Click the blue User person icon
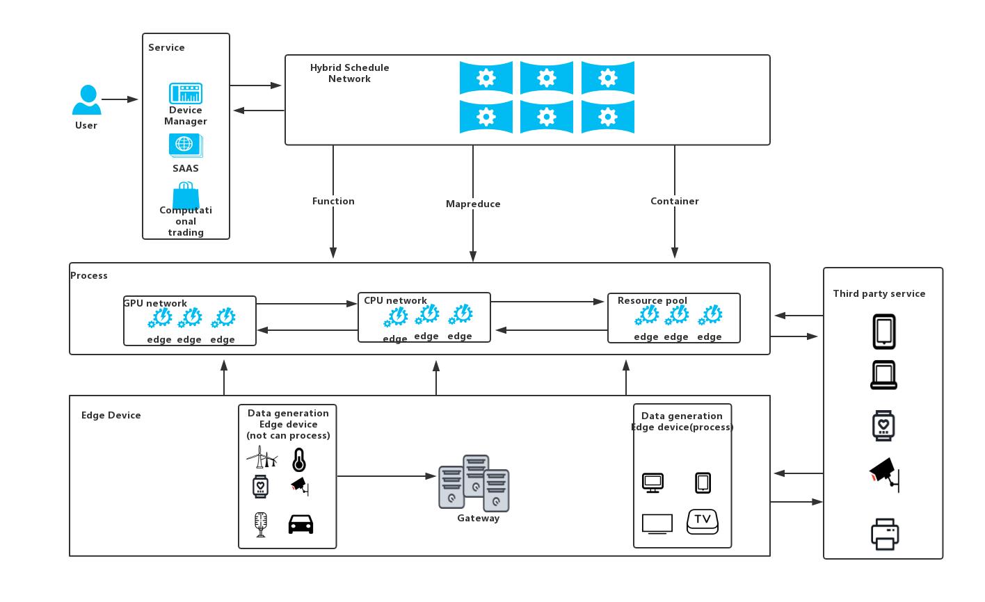[x=87, y=100]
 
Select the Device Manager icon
[x=186, y=93]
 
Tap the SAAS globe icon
[x=185, y=145]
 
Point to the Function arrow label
[x=333, y=201]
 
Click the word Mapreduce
[x=473, y=204]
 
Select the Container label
[x=674, y=201]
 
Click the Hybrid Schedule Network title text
[x=350, y=73]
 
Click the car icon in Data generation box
[x=301, y=523]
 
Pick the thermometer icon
[x=299, y=460]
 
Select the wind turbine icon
[x=262, y=457]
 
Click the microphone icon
[x=261, y=524]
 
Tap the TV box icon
[x=703, y=521]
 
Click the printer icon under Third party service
[x=885, y=534]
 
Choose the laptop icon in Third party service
[x=884, y=375]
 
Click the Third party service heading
[x=879, y=293]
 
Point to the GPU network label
[x=155, y=303]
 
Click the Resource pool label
[x=652, y=300]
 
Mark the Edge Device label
[x=111, y=415]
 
